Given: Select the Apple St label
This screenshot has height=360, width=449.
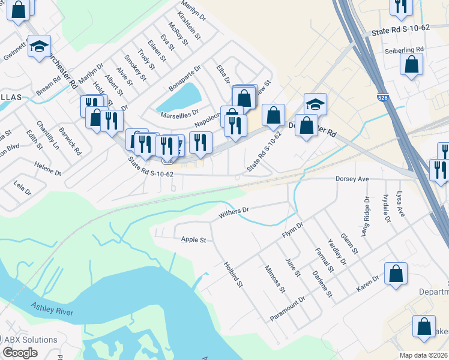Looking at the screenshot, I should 193,240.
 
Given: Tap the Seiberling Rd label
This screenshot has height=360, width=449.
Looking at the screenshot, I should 405,49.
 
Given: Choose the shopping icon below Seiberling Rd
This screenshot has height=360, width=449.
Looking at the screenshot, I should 411,65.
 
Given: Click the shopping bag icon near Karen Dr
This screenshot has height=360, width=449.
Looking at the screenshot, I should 396,274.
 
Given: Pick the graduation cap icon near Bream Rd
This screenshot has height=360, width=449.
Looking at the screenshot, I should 40,46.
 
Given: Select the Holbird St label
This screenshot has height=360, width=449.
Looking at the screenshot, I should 232,274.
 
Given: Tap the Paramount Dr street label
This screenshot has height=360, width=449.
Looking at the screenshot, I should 288,308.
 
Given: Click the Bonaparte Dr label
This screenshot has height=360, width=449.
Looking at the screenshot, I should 184,79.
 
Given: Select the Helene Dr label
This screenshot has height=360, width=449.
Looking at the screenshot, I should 47,169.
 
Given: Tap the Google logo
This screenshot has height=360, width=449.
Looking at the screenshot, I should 20,352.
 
